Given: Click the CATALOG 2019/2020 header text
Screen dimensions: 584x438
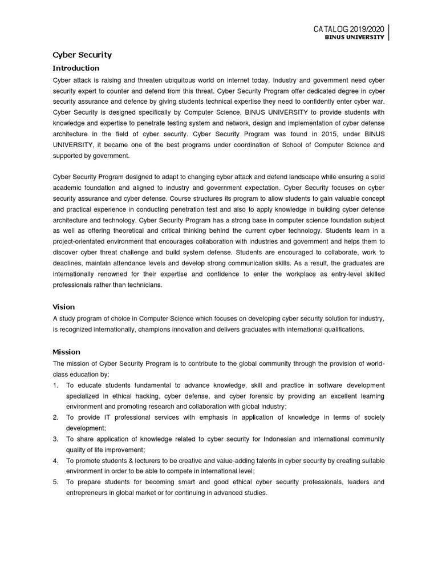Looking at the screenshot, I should click(x=349, y=29).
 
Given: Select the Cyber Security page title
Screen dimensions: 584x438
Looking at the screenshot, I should click(x=82, y=55).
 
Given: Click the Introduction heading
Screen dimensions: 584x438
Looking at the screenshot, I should click(x=76, y=68).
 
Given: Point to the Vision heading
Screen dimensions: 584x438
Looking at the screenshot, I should click(x=64, y=306).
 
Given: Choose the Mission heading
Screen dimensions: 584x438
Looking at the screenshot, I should click(x=67, y=351).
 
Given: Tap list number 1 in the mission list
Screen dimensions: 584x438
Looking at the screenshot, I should click(x=55, y=385).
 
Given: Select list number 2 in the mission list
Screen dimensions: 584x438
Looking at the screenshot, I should click(x=55, y=417).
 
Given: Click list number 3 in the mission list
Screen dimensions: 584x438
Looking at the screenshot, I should click(x=55, y=439).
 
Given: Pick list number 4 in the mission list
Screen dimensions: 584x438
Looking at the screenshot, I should click(x=55, y=460).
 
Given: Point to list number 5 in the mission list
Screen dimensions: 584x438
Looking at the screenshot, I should click(x=55, y=482).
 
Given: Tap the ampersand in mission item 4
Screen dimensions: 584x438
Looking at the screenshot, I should click(x=132, y=460).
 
